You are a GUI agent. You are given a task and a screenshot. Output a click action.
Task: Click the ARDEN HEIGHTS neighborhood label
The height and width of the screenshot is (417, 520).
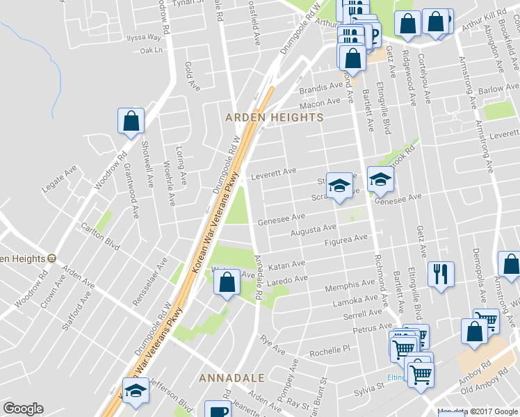pyautogui.click(x=275, y=117)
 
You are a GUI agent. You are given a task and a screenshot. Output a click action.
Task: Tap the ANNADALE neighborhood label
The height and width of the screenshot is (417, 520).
pyautogui.click(x=231, y=378)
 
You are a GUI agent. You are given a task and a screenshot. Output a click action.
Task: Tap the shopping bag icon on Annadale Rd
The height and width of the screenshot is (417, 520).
pyautogui.click(x=226, y=283)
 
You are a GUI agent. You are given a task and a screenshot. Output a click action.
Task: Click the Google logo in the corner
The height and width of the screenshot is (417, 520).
pyautogui.click(x=23, y=409)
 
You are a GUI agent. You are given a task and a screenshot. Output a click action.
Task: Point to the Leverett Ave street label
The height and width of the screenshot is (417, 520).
pyautogui.click(x=274, y=171)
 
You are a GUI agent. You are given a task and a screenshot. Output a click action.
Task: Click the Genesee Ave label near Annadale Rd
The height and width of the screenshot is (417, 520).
pyautogui.click(x=282, y=220)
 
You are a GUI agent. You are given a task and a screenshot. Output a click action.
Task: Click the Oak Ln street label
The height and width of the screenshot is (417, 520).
pyautogui.click(x=151, y=50)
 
